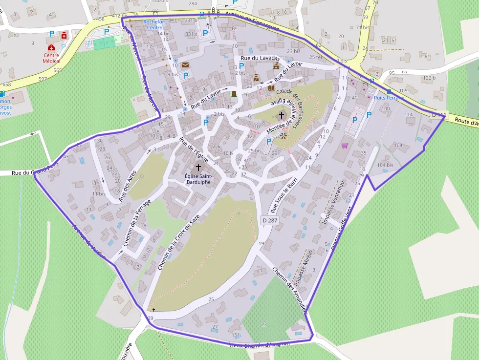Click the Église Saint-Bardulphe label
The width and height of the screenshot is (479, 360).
tap(198, 179)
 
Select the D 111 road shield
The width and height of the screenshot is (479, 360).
tap(439, 115)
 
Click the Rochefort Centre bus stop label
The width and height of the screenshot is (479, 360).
tap(152, 24)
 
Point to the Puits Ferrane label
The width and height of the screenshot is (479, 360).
tap(389, 98)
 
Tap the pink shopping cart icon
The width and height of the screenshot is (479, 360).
tap(345, 145)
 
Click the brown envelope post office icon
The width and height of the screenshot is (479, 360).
tap(185, 64)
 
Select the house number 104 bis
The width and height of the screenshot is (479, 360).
tap(385, 165)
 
